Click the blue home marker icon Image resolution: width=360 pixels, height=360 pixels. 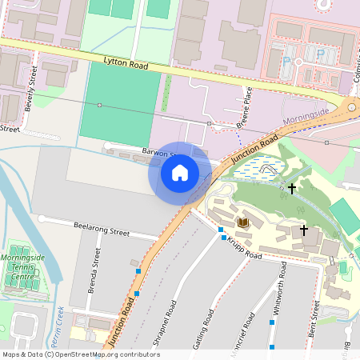tap(180, 173)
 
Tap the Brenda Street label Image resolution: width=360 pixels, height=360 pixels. tap(96, 269)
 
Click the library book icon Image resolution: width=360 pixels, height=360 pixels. tap(244, 222)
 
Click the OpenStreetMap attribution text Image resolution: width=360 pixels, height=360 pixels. tap(80, 354)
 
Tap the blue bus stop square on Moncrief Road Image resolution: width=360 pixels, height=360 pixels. tap(272, 322)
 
